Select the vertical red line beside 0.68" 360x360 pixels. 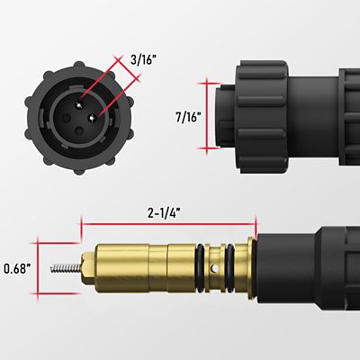(38, 268)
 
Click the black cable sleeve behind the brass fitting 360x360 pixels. (297, 270)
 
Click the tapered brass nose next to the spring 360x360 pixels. (85, 268)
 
